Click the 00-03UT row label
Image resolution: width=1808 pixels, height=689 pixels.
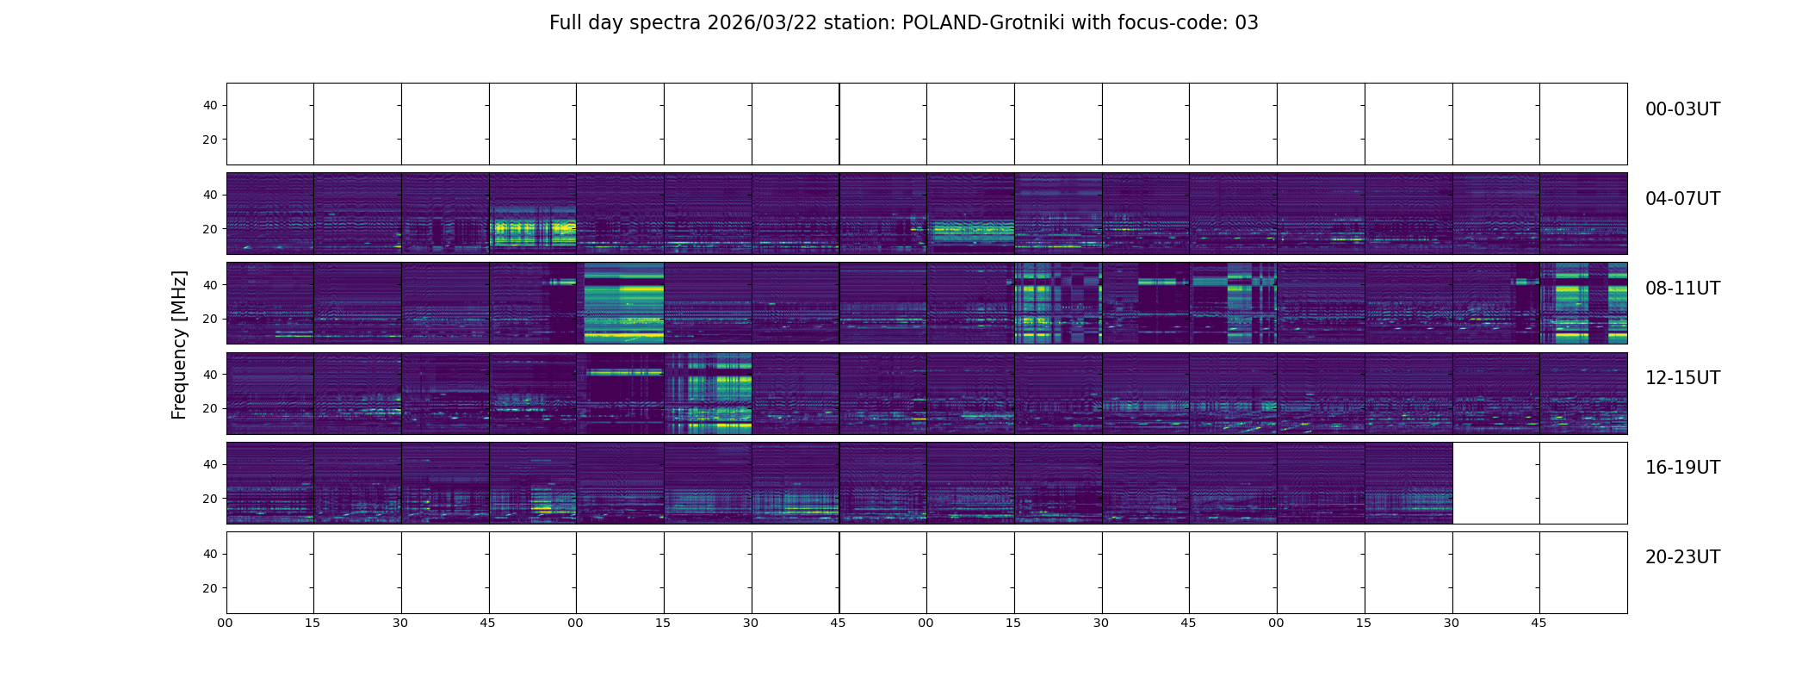point(1681,109)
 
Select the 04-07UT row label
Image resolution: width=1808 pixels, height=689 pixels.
point(1681,199)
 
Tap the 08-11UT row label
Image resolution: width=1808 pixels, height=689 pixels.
point(1681,289)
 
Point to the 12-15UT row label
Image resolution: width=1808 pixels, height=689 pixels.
point(1681,378)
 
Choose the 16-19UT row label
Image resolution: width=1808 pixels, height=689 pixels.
point(1681,468)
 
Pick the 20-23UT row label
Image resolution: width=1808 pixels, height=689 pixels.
point(1681,557)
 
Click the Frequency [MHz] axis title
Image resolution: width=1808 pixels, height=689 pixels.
point(179,344)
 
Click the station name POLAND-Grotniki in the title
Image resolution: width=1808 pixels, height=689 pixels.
point(982,23)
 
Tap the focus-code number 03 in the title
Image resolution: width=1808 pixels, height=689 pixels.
point(1246,23)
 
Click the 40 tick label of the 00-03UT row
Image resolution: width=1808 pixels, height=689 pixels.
point(210,106)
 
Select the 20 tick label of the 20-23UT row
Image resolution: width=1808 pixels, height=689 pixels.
point(210,588)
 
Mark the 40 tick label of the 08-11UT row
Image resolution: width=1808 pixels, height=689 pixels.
point(210,285)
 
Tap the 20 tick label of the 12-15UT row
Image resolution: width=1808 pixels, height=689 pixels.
point(210,409)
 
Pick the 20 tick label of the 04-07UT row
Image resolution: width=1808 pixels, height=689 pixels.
point(210,230)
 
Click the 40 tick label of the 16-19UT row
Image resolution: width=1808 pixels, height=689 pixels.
point(210,464)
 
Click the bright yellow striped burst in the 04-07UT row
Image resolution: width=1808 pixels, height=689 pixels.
point(533,229)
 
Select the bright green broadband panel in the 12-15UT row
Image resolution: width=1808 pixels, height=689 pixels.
point(709,394)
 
